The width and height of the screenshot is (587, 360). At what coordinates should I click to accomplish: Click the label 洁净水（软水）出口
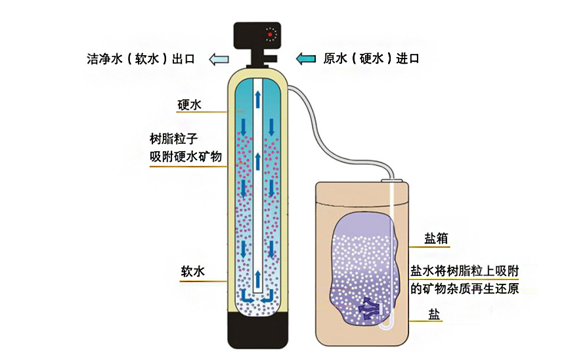pyautogui.click(x=141, y=58)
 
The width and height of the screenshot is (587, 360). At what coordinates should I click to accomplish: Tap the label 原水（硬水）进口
pyautogui.click(x=372, y=58)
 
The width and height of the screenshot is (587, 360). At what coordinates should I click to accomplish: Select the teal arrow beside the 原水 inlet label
pyautogui.click(x=306, y=58)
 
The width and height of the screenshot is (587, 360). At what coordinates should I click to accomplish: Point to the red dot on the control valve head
pyautogui.click(x=269, y=34)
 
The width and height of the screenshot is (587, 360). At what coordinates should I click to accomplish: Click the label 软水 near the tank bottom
pyautogui.click(x=194, y=271)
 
